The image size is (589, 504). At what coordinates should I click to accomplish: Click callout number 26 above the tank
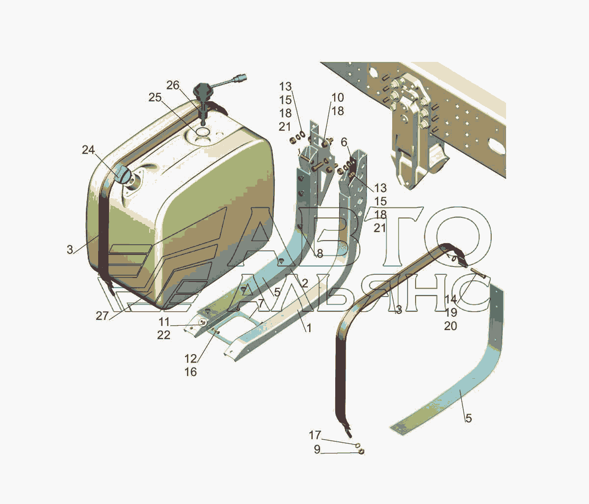pos(173,85)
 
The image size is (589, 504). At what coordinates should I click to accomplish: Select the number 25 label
pos(155,98)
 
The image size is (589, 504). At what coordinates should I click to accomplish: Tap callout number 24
pos(88,150)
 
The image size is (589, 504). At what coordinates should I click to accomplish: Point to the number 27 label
pos(102,316)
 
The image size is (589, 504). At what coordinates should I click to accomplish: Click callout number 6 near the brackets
pos(344,142)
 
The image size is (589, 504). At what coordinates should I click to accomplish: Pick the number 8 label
pos(320,253)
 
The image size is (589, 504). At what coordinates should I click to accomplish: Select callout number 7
pos(261,303)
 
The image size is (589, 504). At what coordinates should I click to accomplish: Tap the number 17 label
pos(315,435)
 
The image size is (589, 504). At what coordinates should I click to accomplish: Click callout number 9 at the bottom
pos(317,450)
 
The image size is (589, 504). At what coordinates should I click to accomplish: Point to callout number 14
pos(451,299)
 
